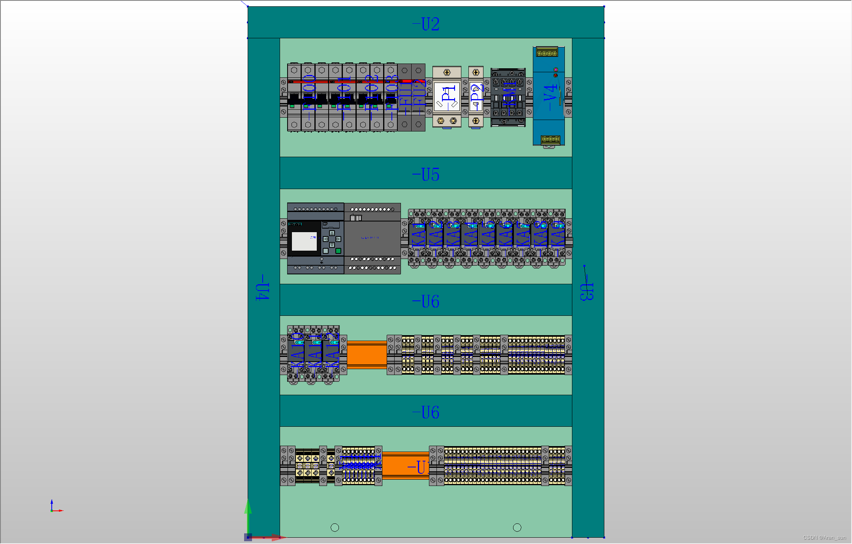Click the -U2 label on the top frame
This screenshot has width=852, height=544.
pyautogui.click(x=426, y=24)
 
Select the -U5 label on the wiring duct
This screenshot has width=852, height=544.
pyautogui.click(x=426, y=174)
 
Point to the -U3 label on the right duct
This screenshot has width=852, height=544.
pyautogui.click(x=587, y=291)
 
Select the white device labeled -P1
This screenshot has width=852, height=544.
pyautogui.click(x=447, y=97)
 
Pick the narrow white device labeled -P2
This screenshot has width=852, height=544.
pyautogui.click(x=476, y=97)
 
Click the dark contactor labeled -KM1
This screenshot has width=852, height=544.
pyautogui.click(x=508, y=97)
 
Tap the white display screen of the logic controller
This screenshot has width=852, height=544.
pyautogui.click(x=304, y=241)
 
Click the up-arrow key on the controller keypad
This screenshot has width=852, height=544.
pyautogui.click(x=332, y=233)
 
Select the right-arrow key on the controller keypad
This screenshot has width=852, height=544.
pyautogui.click(x=338, y=239)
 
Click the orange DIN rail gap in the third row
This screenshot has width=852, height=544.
pyautogui.click(x=367, y=354)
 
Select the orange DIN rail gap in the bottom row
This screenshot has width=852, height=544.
pyautogui.click(x=405, y=466)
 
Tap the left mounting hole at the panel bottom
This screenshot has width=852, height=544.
pyautogui.click(x=335, y=527)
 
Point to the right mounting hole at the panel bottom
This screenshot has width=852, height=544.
pyautogui.click(x=517, y=527)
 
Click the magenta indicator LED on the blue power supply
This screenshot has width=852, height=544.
pyautogui.click(x=556, y=69)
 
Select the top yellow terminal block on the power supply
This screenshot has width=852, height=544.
pyautogui.click(x=547, y=53)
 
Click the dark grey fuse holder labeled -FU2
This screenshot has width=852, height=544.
pyautogui.click(x=418, y=97)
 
